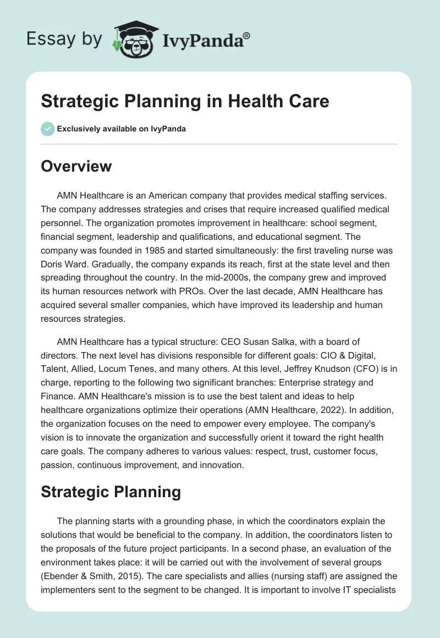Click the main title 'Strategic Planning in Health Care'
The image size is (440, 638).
coord(185,102)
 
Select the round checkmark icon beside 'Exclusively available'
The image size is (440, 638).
coord(47,129)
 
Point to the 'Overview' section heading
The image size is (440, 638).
coord(76,166)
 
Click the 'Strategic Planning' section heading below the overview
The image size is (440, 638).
coord(111,492)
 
